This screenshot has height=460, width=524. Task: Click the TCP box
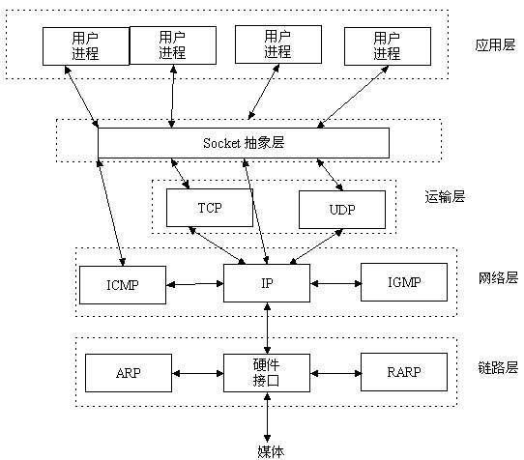coord(210,207)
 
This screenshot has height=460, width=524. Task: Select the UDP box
coord(341,209)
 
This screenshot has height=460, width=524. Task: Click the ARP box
coord(129,372)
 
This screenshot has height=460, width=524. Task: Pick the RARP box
coord(404,372)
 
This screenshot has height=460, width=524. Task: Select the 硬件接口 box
coord(267,372)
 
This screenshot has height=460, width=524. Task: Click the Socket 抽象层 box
coord(244,143)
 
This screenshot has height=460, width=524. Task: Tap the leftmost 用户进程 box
coord(85,45)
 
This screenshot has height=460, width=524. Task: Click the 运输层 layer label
coord(445,196)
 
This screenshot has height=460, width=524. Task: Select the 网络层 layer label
coord(498,277)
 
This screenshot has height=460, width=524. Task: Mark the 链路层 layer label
coord(498,367)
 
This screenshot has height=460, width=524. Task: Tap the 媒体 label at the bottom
coord(270,450)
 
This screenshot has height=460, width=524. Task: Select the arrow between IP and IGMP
coord(335,284)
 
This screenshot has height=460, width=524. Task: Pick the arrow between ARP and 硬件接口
coord(197,372)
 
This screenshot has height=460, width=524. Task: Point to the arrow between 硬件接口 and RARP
coord(335,372)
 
